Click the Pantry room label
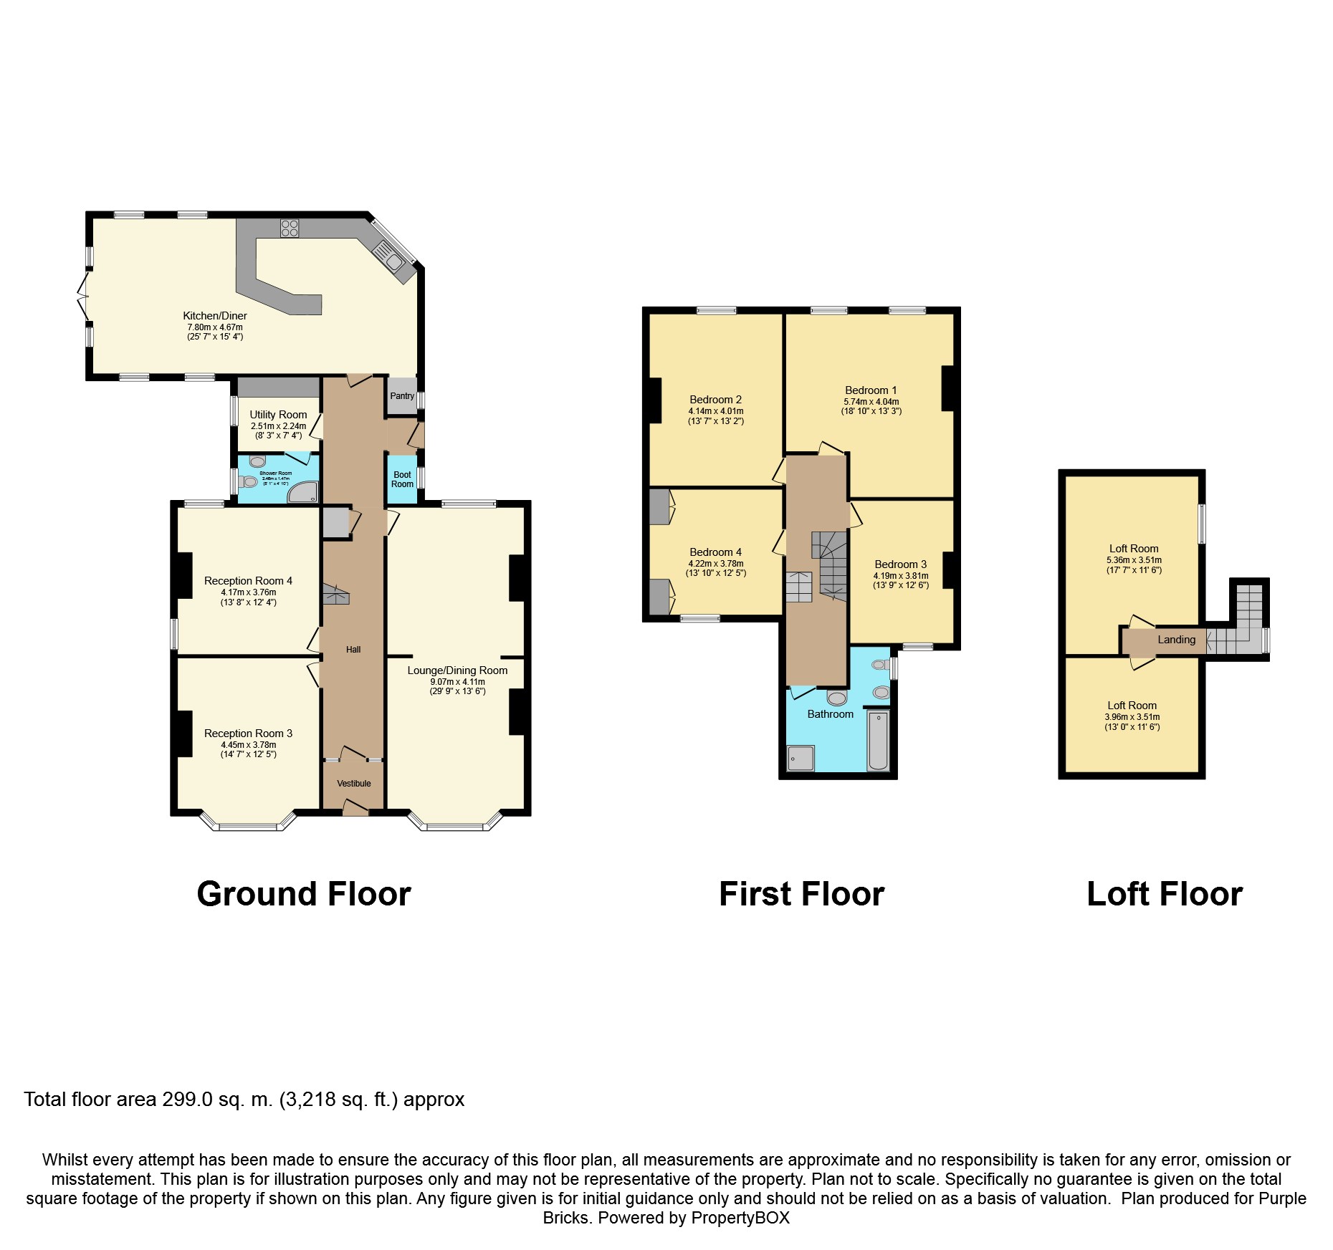click(402, 396)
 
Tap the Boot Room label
click(402, 479)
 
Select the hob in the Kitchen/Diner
click(290, 229)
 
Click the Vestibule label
click(354, 783)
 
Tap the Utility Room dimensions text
click(278, 431)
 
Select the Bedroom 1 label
click(871, 390)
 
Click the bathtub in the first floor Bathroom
click(878, 741)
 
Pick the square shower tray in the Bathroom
click(801, 758)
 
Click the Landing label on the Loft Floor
click(1176, 640)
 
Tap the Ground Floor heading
click(304, 894)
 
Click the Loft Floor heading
click(1165, 894)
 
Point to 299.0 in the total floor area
click(187, 1099)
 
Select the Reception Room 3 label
click(248, 734)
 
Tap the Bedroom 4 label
click(715, 552)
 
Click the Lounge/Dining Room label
click(457, 670)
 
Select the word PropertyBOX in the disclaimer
click(740, 1218)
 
